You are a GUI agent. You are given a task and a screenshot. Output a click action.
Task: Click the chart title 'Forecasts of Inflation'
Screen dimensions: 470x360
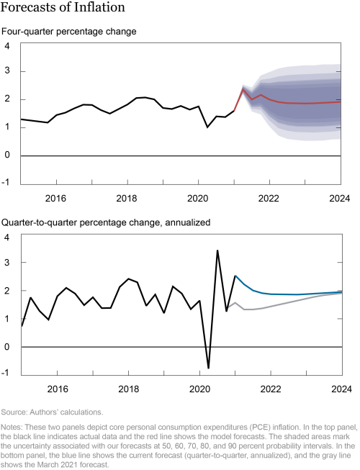pyautogui.click(x=63, y=9)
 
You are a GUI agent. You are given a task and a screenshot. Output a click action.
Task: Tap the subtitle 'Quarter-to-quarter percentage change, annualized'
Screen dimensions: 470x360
pyautogui.click(x=106, y=222)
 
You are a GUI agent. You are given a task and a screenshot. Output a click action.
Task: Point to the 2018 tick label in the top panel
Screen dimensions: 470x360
pyautogui.click(x=127, y=198)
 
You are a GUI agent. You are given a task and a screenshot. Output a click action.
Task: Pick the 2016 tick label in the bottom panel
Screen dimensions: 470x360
pyautogui.click(x=56, y=389)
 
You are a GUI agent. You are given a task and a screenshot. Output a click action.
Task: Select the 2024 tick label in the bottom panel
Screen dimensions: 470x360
pyautogui.click(x=339, y=389)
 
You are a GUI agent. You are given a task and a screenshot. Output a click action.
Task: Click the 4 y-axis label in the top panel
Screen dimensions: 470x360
pyautogui.click(x=6, y=47)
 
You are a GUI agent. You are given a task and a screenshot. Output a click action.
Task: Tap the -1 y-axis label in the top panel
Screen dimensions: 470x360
pyautogui.click(x=6, y=182)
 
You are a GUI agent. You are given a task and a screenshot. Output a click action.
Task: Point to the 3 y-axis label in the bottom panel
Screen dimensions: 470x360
pyautogui.click(x=6, y=264)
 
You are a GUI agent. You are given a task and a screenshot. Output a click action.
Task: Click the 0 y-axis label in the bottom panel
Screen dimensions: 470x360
pyautogui.click(x=6, y=347)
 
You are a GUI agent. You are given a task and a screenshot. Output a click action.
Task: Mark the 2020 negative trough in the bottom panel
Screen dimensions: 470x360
pyautogui.click(x=209, y=368)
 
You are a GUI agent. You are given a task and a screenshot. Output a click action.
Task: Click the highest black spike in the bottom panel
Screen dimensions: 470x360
pyautogui.click(x=217, y=250)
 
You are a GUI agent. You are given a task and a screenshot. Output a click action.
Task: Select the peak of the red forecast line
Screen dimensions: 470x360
pyautogui.click(x=243, y=89)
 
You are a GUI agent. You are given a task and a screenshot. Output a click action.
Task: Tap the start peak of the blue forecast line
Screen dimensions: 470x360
pyautogui.click(x=235, y=276)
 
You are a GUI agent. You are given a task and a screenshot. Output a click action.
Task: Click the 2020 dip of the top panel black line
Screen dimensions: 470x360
pyautogui.click(x=208, y=127)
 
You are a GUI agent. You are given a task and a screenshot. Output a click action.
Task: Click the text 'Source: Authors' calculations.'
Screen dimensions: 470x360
pyautogui.click(x=52, y=412)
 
